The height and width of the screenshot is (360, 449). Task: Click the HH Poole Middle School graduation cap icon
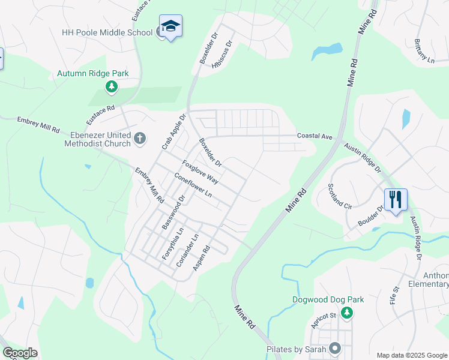pyautogui.click(x=170, y=26)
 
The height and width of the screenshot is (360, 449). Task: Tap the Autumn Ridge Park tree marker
pyautogui.click(x=111, y=88)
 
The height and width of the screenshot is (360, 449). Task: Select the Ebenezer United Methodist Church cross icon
pyautogui.click(x=139, y=139)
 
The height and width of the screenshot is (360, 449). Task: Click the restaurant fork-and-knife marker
pyautogui.click(x=396, y=199)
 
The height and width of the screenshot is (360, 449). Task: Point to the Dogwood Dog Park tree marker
pyautogui.click(x=346, y=313)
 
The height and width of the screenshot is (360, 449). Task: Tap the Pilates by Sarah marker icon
pyautogui.click(x=335, y=349)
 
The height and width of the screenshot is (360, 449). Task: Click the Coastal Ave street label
pyautogui.click(x=315, y=137)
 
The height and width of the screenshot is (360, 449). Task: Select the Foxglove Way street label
pyautogui.click(x=200, y=171)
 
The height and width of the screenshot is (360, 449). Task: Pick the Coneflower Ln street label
pyautogui.click(x=193, y=185)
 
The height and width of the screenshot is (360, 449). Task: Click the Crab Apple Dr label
pyautogui.click(x=175, y=131)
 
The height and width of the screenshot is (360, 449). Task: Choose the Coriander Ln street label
pyautogui.click(x=187, y=251)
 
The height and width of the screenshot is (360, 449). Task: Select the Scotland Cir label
pyautogui.click(x=339, y=196)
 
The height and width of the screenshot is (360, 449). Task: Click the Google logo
pyautogui.click(x=20, y=353)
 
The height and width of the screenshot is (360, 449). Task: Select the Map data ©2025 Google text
pyautogui.click(x=411, y=355)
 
